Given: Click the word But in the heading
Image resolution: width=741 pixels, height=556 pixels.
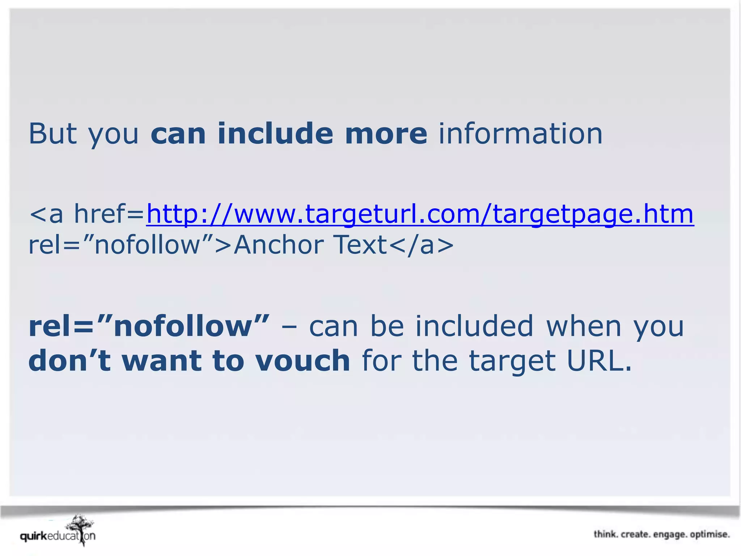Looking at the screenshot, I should click(x=53, y=134).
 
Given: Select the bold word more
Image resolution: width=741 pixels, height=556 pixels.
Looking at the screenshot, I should click(x=386, y=134).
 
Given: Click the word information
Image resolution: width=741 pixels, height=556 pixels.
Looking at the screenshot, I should click(x=521, y=134).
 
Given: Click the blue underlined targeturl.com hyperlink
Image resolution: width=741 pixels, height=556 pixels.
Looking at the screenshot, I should click(x=420, y=214).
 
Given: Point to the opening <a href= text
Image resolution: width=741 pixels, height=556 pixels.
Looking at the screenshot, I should click(x=87, y=214).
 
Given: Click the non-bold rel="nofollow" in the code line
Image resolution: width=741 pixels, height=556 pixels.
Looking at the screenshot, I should click(x=121, y=245).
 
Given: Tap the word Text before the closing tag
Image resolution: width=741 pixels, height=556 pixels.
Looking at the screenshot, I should click(x=361, y=245).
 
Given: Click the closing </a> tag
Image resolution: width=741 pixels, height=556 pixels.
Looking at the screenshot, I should click(x=422, y=245).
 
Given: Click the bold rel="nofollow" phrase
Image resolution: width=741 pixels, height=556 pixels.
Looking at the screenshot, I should click(x=149, y=326).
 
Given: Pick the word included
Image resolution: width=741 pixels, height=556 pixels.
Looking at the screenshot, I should click(x=474, y=326).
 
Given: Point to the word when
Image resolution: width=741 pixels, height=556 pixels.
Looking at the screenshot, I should click(x=584, y=326).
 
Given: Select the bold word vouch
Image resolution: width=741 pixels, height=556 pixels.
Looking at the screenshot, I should click(x=302, y=361).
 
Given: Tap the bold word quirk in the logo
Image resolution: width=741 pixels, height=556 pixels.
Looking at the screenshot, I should click(x=34, y=536).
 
